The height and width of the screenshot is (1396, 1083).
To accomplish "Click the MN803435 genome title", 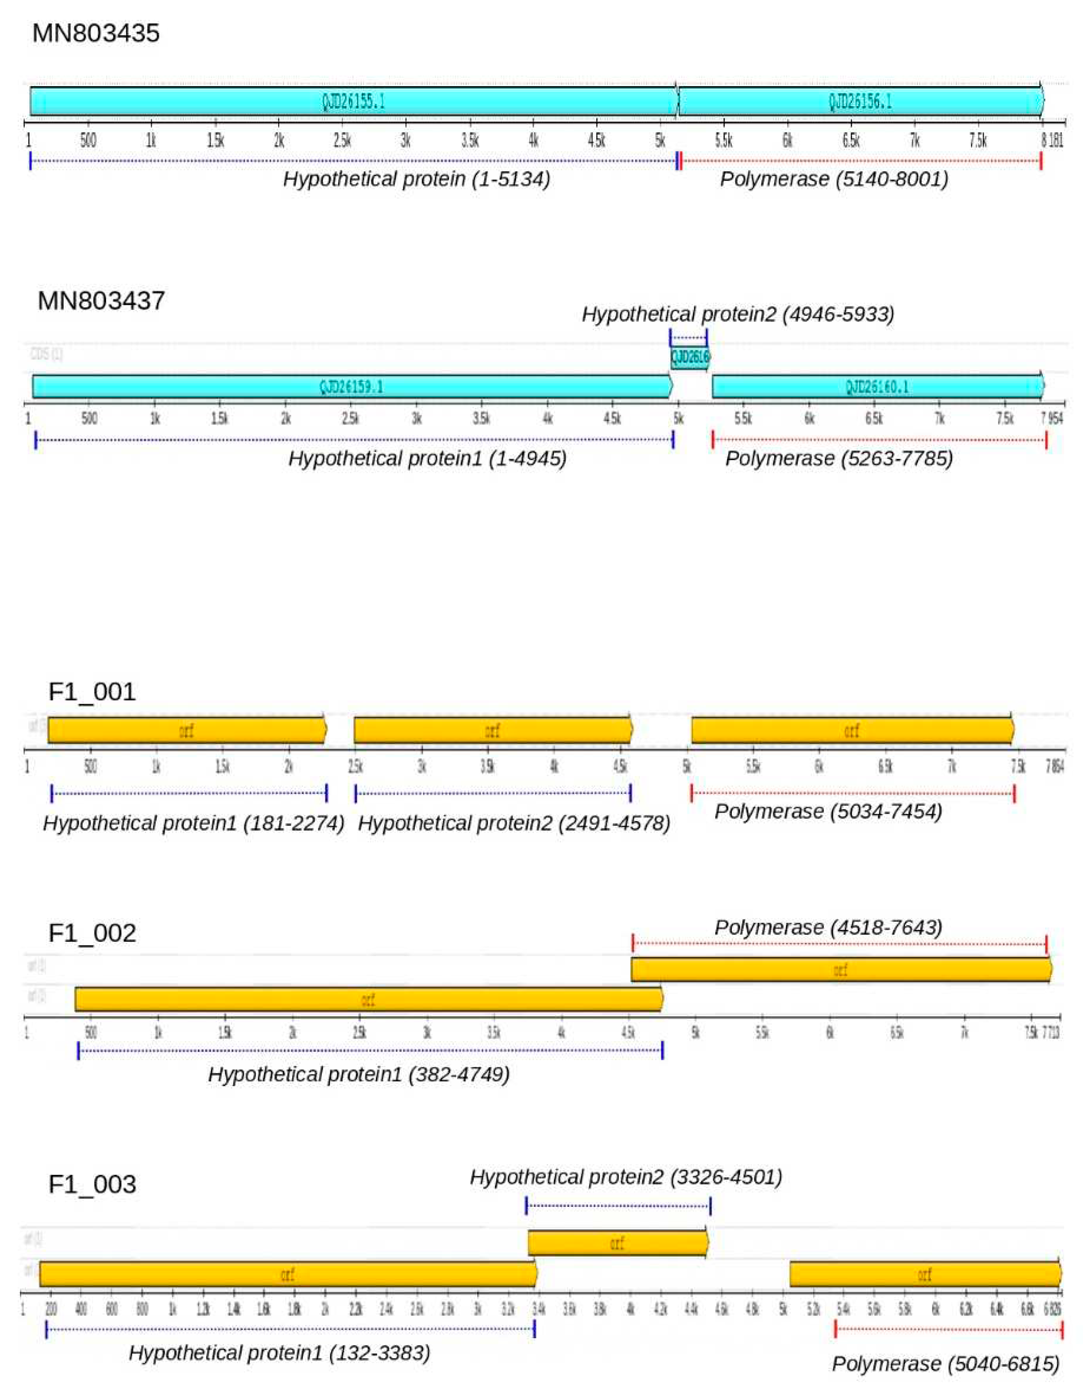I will coord(96,33).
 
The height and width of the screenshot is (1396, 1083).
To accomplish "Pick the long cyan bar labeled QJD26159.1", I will coord(351,387).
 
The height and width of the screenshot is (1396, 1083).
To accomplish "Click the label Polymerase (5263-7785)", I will coord(839,458).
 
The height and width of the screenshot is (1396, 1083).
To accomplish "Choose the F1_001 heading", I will coord(92,692).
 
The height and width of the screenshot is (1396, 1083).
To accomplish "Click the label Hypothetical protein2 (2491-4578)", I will coord(514,823).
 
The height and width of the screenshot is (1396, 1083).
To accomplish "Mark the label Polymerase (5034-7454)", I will coord(828,812).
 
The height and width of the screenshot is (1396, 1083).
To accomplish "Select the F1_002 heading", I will coord(92,933).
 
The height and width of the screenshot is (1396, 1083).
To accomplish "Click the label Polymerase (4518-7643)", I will coord(828,928).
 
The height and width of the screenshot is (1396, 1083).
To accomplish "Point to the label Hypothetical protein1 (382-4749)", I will coord(359,1074).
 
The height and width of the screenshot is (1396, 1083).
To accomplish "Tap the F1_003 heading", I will coord(92,1184).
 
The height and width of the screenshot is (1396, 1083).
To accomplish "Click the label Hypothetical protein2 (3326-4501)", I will coord(626,1177).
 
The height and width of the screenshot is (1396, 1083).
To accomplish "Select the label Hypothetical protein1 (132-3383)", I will coord(279,1353).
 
